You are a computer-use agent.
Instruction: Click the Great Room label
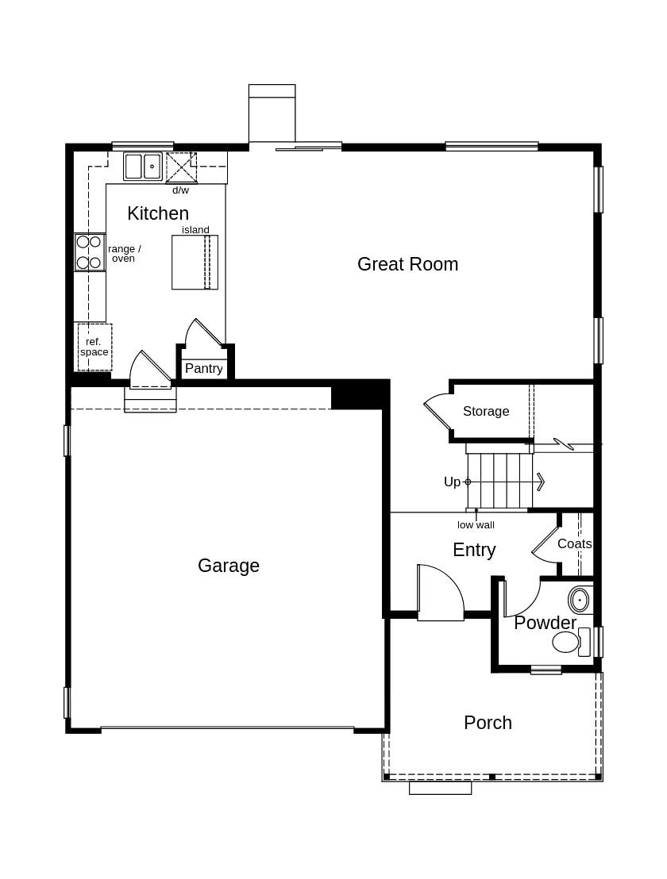[407, 264]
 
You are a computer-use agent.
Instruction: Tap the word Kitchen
[158, 213]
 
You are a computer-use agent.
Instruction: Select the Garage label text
[229, 566]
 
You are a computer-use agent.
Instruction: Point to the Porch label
[488, 723]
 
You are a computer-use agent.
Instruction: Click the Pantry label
[204, 369]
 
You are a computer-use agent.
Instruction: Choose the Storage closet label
[486, 411]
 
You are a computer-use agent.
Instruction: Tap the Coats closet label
[574, 544]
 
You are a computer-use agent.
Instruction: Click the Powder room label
[545, 623]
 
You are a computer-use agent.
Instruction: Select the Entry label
[474, 550]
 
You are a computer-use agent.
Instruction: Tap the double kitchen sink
[143, 167]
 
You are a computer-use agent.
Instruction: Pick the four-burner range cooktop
[89, 252]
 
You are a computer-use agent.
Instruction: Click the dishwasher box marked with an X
[181, 167]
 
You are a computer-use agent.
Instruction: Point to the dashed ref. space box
[94, 347]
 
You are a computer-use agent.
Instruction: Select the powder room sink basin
[580, 601]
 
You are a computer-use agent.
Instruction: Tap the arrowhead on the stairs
[540, 482]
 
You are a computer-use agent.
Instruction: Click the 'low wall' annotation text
[476, 525]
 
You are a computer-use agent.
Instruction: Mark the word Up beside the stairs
[452, 482]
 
